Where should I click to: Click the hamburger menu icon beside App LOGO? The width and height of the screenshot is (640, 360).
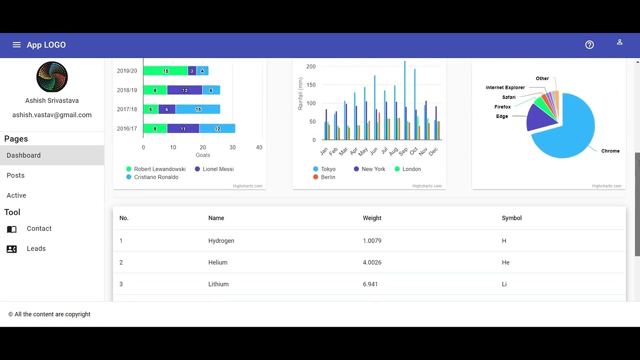[16, 45]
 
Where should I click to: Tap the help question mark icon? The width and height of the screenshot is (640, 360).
[589, 45]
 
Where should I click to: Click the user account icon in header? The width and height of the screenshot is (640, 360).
[619, 42]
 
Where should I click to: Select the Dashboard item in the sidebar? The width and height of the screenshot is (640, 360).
[23, 155]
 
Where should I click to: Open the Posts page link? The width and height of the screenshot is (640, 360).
[15, 175]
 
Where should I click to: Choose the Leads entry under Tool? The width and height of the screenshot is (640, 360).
[36, 248]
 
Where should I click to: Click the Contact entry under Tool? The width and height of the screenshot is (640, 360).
[39, 228]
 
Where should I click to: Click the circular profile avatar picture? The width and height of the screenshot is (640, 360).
[52, 77]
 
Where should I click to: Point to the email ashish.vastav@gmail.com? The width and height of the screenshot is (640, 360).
[52, 115]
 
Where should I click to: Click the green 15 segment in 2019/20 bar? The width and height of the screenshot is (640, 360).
[165, 71]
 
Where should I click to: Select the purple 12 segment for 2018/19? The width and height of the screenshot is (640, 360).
[184, 90]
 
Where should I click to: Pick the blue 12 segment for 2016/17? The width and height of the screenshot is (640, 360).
[217, 129]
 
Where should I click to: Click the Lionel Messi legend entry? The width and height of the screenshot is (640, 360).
[218, 169]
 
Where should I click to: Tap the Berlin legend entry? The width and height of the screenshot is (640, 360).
[328, 177]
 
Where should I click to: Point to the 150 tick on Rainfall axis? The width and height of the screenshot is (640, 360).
[310, 85]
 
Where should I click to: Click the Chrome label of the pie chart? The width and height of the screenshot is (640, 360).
[610, 151]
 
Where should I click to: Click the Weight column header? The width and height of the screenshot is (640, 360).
[372, 218]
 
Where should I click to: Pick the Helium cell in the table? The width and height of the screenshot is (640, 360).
[217, 262]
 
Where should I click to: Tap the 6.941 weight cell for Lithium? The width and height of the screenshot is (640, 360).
[370, 284]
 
